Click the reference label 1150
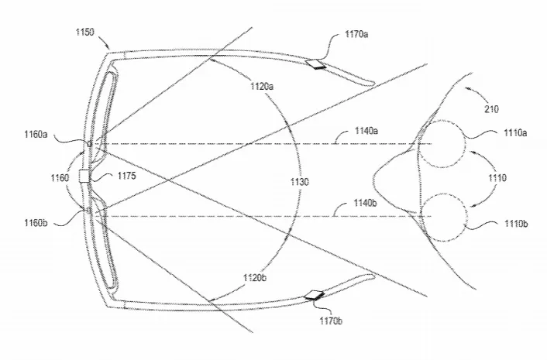(84, 33)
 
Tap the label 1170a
(356, 34)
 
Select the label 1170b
(331, 321)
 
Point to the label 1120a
(262, 86)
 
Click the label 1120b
(255, 278)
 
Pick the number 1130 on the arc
(300, 182)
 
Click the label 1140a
(366, 131)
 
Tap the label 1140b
(365, 203)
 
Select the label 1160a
(36, 134)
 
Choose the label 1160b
(36, 223)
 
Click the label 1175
(126, 176)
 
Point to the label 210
(491, 109)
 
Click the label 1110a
(515, 133)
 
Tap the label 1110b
(515, 224)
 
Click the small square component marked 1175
(84, 176)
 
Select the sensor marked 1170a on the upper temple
(315, 63)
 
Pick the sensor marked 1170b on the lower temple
(314, 295)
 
